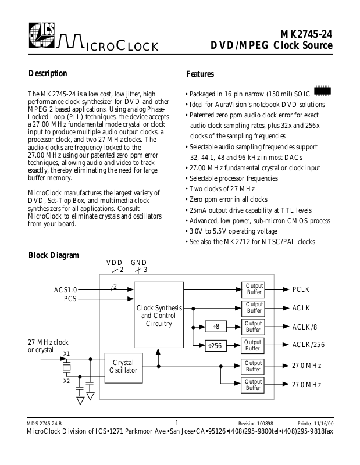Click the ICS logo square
pyautogui.click(x=41, y=37)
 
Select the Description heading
pyautogui.click(x=48, y=74)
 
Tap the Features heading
pyautogui.click(x=200, y=74)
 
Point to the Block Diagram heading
pyautogui.click(x=54, y=255)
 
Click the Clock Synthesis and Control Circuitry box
pyautogui.click(x=159, y=315)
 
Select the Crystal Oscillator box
pyautogui.click(x=123, y=366)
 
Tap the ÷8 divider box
pyautogui.click(x=215, y=327)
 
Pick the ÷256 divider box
pyautogui.click(x=215, y=345)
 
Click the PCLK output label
pyautogui.click(x=302, y=289)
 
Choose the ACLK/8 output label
pyautogui.click(x=306, y=327)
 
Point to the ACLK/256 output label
pyautogui.click(x=308, y=345)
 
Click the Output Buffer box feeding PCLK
pyautogui.click(x=254, y=289)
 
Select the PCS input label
pyautogui.click(x=70, y=299)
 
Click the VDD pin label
pyautogui.click(x=114, y=262)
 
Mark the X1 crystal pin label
pyautogui.click(x=66, y=354)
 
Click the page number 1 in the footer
pyautogui.click(x=177, y=423)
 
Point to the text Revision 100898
pyautogui.click(x=256, y=423)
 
